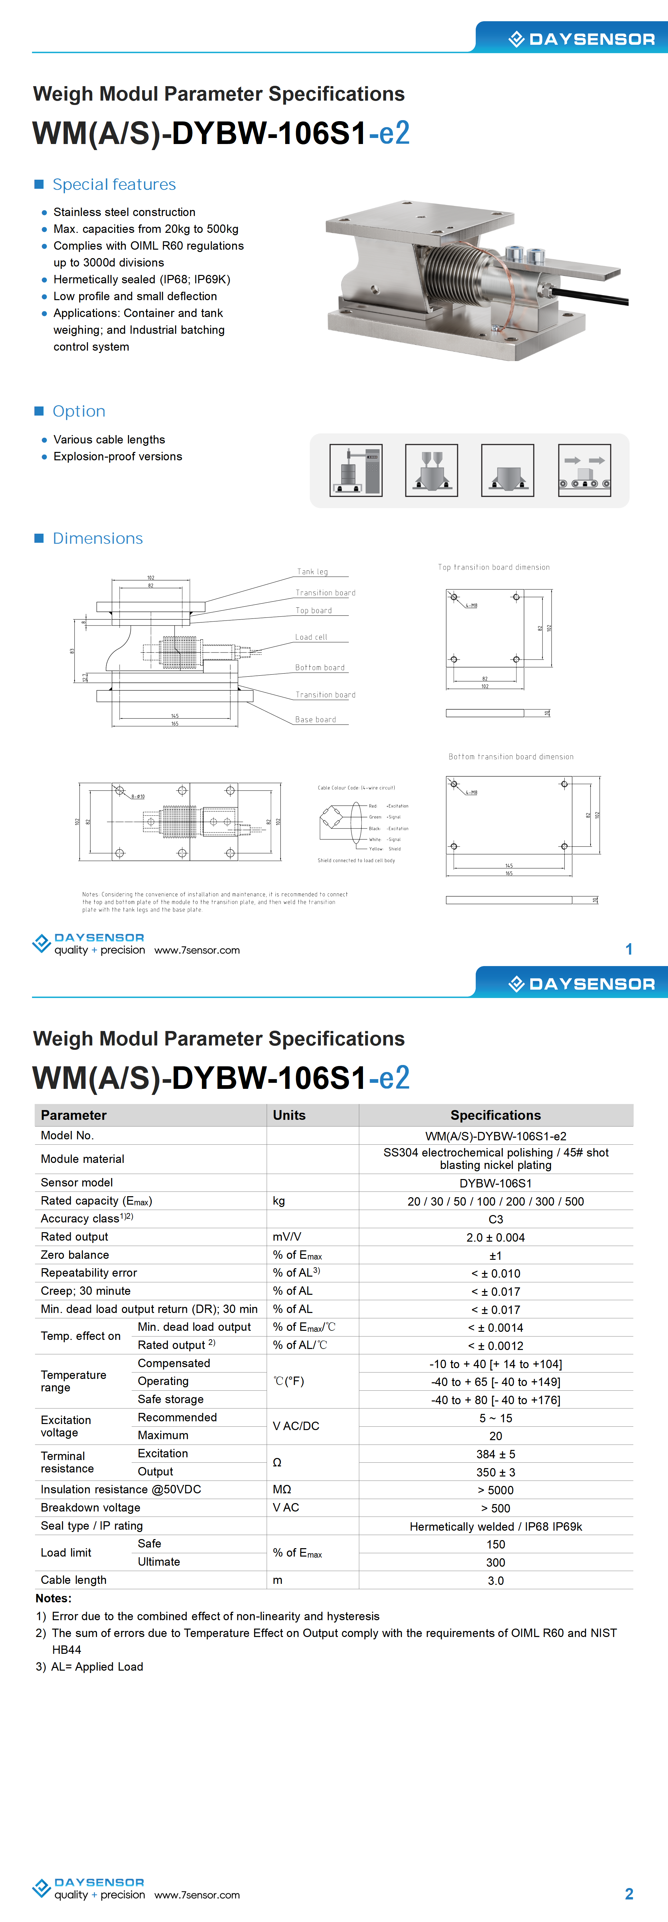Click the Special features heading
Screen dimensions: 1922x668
coord(114,184)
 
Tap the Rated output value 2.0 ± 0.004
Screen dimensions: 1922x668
coord(496,1237)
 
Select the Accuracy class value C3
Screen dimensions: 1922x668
coord(496,1219)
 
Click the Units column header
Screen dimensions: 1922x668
coord(289,1115)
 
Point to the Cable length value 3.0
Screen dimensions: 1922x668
coord(496,1580)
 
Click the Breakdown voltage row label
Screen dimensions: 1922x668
coord(90,1507)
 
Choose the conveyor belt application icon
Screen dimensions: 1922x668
coord(584,470)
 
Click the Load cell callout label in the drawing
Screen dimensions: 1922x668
coord(311,637)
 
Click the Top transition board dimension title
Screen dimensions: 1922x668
coord(493,567)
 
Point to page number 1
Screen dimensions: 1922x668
coord(629,949)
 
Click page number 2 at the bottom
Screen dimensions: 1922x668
coord(629,1894)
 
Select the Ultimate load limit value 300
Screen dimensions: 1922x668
coord(496,1562)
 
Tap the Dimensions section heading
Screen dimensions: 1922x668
coord(98,539)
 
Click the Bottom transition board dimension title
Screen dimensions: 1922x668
coord(510,756)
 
